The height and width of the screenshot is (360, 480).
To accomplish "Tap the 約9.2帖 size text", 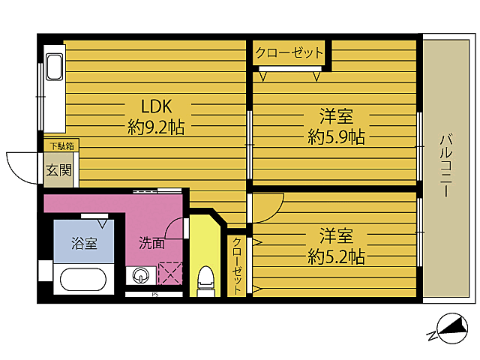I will (156, 127).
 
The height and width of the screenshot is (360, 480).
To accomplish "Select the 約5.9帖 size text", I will (336, 137).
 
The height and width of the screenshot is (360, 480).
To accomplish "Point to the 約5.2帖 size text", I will (336, 257).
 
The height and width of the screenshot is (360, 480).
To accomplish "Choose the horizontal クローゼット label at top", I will (289, 53).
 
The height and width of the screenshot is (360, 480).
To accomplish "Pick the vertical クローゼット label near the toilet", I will (237, 265).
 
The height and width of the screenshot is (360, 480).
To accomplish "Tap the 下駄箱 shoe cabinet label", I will (60, 145).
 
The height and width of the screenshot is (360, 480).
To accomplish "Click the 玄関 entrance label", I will (59, 170).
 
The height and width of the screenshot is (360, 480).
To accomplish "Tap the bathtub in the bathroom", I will (82, 280).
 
